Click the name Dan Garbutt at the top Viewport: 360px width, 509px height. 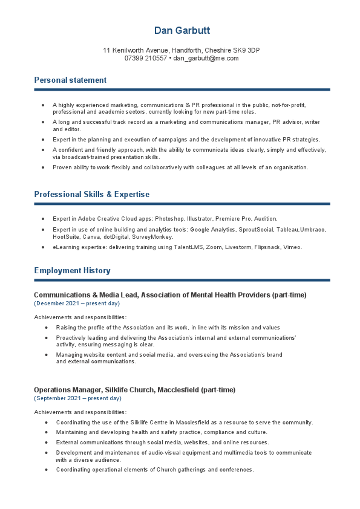click(x=182, y=31)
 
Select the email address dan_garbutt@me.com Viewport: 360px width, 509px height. click(x=206, y=59)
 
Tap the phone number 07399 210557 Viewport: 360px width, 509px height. click(x=145, y=59)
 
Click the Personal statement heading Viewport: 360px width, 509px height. click(x=70, y=80)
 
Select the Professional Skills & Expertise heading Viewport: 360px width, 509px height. click(x=91, y=195)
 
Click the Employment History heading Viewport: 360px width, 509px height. click(x=72, y=271)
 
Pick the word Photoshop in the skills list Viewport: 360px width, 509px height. click(x=169, y=218)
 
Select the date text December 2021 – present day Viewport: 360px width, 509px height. click(x=77, y=303)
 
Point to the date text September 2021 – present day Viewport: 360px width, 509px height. click(x=77, y=398)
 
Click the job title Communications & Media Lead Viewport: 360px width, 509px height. click(x=87, y=295)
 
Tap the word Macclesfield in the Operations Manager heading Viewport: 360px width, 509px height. click(x=177, y=390)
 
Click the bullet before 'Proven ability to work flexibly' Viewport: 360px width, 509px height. click(x=43, y=167)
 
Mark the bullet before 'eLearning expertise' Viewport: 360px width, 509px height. click(x=43, y=247)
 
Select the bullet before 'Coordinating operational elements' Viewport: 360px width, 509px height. click(x=47, y=470)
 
